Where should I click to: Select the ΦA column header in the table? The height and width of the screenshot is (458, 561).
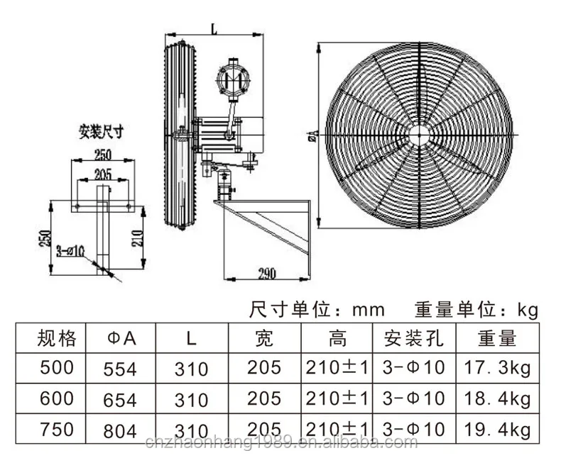[120, 338]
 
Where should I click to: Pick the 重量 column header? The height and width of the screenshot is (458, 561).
[497, 338]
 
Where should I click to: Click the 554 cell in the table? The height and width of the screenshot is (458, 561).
[120, 369]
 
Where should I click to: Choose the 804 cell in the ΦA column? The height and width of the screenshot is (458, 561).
[120, 429]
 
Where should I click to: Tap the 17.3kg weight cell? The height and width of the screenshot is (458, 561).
[497, 369]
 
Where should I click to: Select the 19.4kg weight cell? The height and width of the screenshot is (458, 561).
[497, 429]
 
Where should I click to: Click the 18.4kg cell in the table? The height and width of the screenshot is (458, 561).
[497, 398]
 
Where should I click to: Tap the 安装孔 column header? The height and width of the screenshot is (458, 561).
[413, 338]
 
